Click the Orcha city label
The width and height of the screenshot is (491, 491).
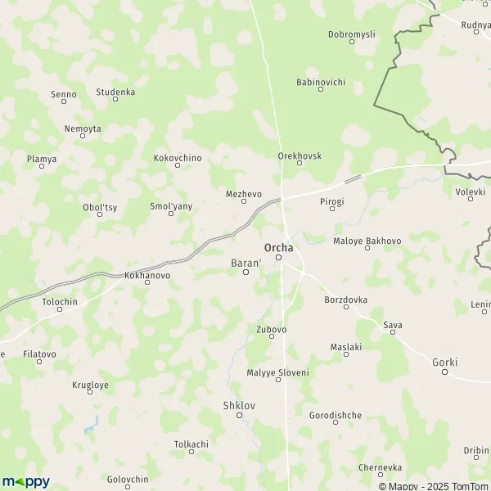coord(278,246)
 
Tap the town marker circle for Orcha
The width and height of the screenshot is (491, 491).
coord(278,258)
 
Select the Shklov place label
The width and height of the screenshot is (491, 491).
coord(239,405)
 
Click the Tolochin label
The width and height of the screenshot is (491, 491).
coord(59,301)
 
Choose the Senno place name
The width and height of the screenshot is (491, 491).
coord(64,95)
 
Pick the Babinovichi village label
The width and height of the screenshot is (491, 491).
coord(321,83)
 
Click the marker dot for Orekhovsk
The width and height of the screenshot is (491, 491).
coord(299,163)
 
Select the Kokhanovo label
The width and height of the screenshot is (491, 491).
coord(147,276)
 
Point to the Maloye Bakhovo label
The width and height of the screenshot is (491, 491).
coord(367,241)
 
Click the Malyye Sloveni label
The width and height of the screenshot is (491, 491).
coord(277,372)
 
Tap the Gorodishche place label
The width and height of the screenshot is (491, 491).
coord(336,416)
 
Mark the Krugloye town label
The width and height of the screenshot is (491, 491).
coord(90,385)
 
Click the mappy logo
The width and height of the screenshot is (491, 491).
coord(25,481)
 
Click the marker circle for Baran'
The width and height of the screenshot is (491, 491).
coord(245,273)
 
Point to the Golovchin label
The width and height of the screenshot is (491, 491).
coord(128,479)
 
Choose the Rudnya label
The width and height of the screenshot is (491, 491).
coord(475,25)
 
